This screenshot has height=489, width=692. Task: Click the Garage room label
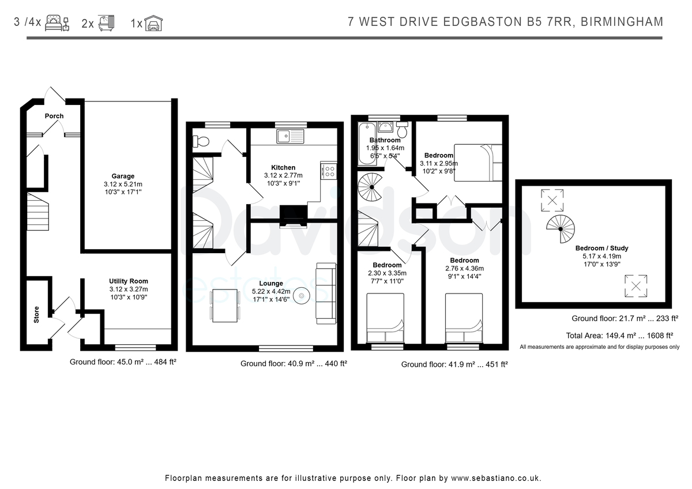(x=123, y=176)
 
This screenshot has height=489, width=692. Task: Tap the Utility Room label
(x=129, y=281)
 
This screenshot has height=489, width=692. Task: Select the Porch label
(x=54, y=116)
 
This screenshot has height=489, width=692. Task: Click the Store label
(x=36, y=314)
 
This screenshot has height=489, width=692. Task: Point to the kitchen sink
(x=291, y=136)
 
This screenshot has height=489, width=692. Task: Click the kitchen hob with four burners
(x=329, y=171)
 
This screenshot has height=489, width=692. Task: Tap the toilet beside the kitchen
(x=201, y=142)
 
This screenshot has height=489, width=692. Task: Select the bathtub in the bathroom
(x=366, y=144)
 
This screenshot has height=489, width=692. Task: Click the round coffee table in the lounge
(x=301, y=296)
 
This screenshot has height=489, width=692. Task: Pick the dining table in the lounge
(x=225, y=306)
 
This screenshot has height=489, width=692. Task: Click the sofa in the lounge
(x=326, y=294)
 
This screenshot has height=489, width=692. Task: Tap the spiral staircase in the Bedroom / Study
(x=561, y=229)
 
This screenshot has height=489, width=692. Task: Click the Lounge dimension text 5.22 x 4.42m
(x=271, y=291)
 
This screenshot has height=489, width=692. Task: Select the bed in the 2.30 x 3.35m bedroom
(x=385, y=318)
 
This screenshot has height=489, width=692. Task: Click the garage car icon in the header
(x=153, y=23)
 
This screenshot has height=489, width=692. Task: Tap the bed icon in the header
(x=57, y=23)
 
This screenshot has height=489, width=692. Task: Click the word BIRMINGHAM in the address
(x=622, y=22)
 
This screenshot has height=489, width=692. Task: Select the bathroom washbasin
(x=385, y=127)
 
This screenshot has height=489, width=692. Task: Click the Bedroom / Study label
(x=602, y=248)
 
